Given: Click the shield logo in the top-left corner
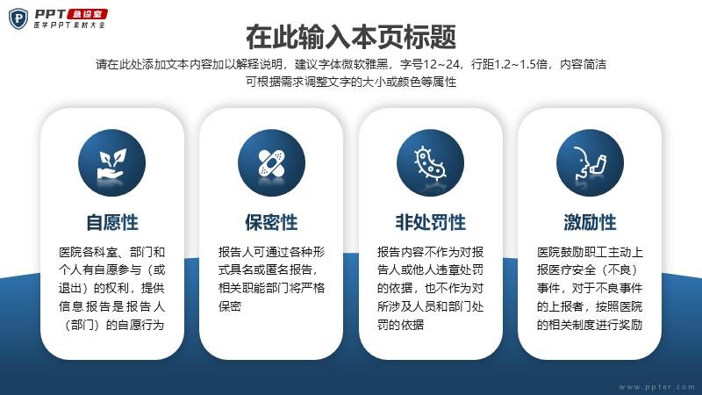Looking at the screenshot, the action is coord(18,18).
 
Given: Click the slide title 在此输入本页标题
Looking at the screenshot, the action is coord(351,37).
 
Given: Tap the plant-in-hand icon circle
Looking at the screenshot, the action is coord(112,163).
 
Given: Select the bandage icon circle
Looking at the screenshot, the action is coord(271,163).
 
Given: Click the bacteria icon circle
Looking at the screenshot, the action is coord(430,163).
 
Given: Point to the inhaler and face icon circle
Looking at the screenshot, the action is coord(590,163).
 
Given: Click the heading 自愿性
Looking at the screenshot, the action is coord(112,223).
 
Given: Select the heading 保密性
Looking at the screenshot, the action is coord(271,223).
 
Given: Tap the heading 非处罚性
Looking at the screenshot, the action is coord(430,223).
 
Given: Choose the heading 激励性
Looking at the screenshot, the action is coord(590,223).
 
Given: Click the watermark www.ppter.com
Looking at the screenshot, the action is coord(656,386).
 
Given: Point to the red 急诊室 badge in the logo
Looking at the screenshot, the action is coord(87,14).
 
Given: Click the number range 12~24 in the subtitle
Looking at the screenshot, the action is coord(441,64).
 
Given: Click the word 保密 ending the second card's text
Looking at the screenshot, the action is coord(230,306).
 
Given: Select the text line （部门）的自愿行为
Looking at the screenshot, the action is coord(112,325).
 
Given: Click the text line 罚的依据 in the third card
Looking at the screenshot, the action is coord(400,325).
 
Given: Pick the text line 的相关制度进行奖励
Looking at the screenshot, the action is coord(590,325).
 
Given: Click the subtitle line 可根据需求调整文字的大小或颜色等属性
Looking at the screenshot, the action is coord(351,82).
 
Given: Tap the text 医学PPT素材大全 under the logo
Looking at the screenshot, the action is coord(69,25).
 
